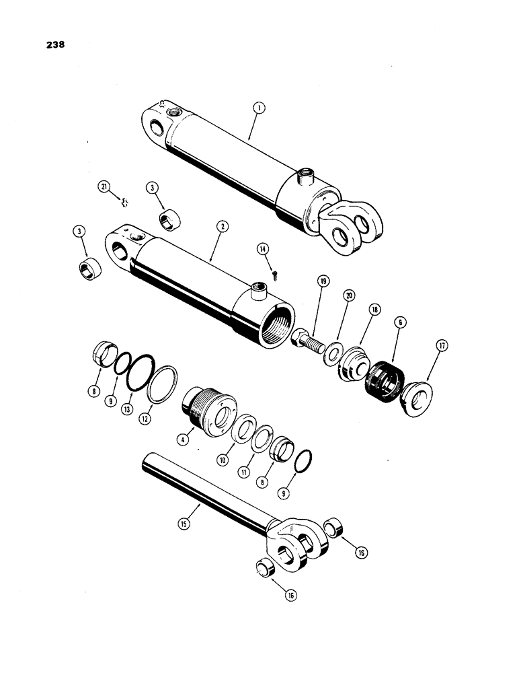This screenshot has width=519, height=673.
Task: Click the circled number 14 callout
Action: tap(263, 249)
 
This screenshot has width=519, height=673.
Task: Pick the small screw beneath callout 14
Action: tap(276, 272)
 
